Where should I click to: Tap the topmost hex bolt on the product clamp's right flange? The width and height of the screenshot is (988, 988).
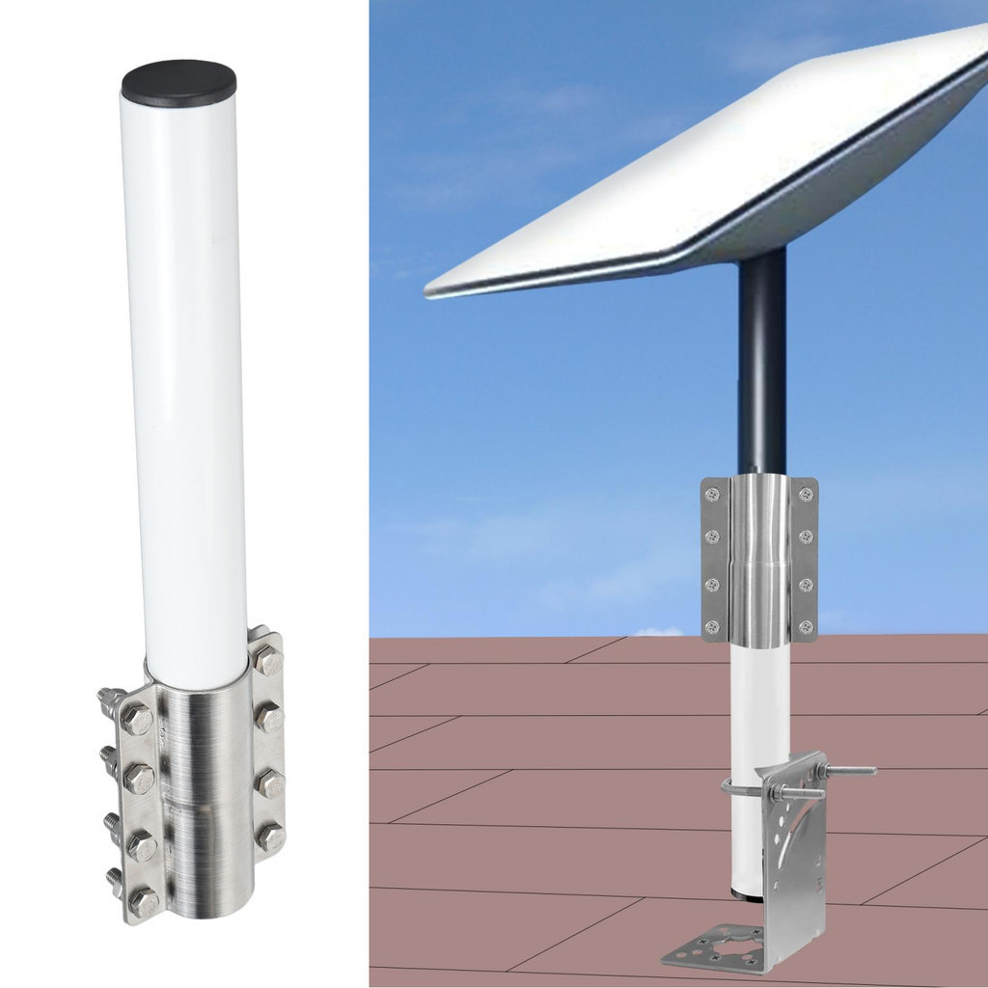point(268,661)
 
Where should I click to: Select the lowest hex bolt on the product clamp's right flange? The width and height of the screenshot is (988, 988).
point(271,836)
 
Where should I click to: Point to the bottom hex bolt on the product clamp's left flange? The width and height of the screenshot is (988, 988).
point(144,902)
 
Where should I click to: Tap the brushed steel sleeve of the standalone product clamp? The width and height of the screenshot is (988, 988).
point(203,801)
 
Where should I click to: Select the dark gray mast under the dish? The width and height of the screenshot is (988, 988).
point(762,367)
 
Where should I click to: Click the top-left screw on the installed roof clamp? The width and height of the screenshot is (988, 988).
point(712,494)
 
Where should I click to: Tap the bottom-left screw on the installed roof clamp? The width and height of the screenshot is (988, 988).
point(712,627)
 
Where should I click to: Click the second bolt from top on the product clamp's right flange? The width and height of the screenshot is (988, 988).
point(269,718)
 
